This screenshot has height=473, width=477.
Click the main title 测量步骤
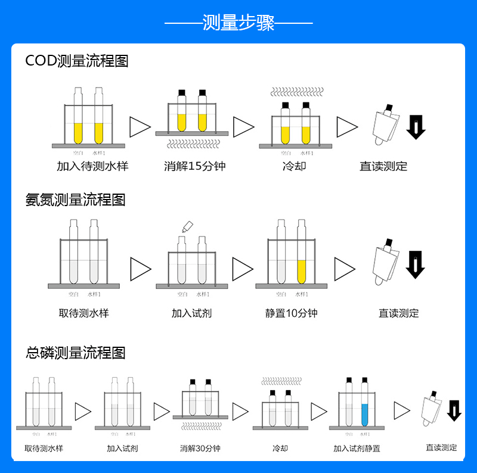click(x=238, y=23)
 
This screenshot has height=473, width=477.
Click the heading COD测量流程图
click(x=76, y=61)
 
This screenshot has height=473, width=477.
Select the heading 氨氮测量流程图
click(x=75, y=199)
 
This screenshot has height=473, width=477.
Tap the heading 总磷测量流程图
click(x=75, y=353)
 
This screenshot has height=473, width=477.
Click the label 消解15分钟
click(x=194, y=166)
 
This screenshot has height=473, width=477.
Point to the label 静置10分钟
click(x=291, y=313)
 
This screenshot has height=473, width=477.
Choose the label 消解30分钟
click(x=200, y=448)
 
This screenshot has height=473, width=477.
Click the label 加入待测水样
click(x=92, y=166)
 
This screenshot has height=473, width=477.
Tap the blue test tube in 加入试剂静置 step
click(x=364, y=405)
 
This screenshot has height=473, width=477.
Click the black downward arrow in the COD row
click(x=416, y=127)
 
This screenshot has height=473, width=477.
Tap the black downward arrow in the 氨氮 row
click(x=415, y=264)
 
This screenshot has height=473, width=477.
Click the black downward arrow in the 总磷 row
click(x=454, y=410)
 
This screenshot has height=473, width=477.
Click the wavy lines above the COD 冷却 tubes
click(x=296, y=91)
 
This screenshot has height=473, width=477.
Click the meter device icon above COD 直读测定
click(x=385, y=126)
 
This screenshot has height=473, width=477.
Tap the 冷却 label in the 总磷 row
click(x=280, y=448)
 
